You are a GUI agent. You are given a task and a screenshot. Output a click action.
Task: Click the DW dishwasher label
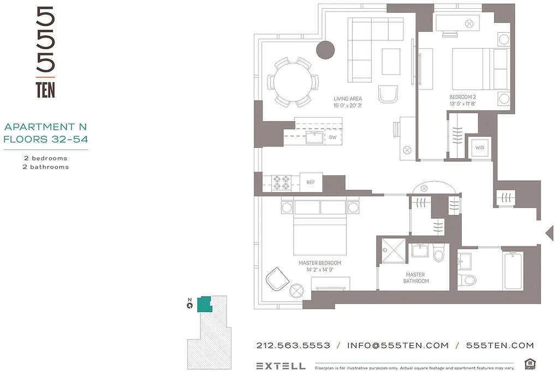coord(332,137)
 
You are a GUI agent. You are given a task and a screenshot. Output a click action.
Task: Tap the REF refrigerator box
coord(311,182)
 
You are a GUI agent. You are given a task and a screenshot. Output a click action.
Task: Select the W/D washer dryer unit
coord(479,147)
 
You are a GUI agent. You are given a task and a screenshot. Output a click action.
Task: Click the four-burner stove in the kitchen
coord(281,183)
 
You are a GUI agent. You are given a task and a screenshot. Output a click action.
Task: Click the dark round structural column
coord(325,50)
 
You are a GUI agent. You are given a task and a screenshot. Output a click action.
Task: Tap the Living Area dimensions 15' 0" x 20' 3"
coord(348,105)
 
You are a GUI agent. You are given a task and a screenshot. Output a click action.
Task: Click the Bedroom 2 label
coord(462,97)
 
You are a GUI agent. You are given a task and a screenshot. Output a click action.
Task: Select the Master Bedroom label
coord(320,263)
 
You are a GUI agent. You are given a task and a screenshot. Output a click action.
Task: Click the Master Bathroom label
coord(415,278)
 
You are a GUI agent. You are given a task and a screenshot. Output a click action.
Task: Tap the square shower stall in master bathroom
coord(394,250)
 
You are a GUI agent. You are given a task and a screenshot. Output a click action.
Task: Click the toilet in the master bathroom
coord(438,252)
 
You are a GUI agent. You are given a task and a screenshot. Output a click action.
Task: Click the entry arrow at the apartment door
coord(550,233)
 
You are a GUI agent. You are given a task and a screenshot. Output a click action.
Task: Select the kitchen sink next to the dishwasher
coord(314,137)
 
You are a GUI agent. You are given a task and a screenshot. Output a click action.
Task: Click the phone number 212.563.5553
coord(293,345)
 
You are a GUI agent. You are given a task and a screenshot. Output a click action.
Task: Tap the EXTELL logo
coord(281,366)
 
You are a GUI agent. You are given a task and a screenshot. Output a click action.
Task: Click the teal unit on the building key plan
coord(205,304)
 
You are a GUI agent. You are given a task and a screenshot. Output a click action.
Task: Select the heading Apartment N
coord(46,127)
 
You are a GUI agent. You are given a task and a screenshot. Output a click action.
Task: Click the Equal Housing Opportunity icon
coord(531,364)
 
